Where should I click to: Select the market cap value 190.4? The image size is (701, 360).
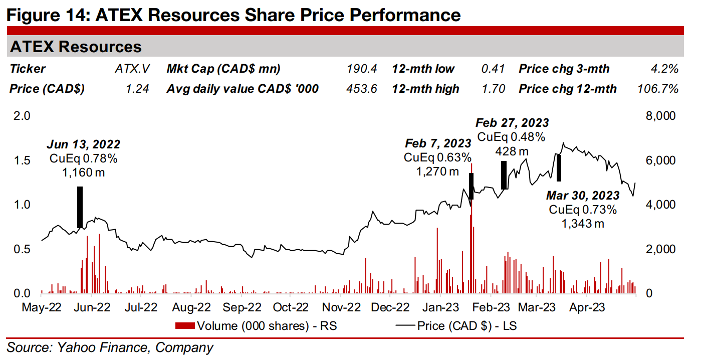[x=361, y=69]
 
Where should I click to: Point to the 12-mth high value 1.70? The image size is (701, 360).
[x=495, y=89]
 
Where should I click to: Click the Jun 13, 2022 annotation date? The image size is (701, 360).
[x=84, y=145]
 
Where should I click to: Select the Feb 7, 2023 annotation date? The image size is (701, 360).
[x=438, y=144]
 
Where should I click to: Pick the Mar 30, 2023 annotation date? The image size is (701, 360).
[x=582, y=196]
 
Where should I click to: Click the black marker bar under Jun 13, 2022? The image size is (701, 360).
[x=80, y=207]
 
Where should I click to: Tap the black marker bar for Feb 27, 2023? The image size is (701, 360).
[x=504, y=174]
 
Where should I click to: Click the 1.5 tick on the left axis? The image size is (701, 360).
[x=25, y=160]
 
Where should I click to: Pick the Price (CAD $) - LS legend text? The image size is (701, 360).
[x=466, y=326]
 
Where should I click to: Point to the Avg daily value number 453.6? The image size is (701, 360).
[x=361, y=89]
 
